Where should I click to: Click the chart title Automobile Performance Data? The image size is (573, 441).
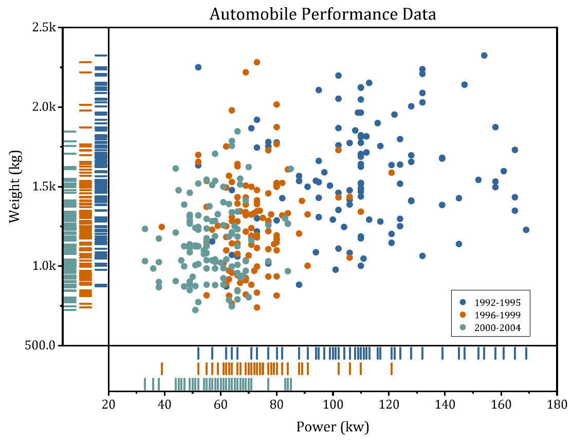(x=322, y=14)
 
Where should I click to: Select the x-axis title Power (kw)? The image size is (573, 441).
(x=332, y=426)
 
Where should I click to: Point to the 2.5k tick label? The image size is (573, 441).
(x=43, y=28)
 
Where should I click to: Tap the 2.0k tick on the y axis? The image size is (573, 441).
(x=43, y=107)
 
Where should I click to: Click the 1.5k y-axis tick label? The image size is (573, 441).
(x=43, y=187)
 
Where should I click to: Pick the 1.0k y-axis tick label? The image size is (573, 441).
(x=43, y=266)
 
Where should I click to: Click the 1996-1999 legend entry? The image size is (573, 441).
(x=488, y=315)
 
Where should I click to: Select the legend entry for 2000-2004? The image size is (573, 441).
(x=488, y=327)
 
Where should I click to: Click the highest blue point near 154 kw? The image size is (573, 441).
(x=484, y=56)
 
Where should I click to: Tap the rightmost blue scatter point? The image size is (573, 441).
(x=526, y=230)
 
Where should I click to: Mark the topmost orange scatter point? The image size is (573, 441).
(x=257, y=62)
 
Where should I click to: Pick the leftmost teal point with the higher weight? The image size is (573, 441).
(x=145, y=229)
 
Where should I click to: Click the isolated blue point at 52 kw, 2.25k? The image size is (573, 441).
(x=198, y=67)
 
